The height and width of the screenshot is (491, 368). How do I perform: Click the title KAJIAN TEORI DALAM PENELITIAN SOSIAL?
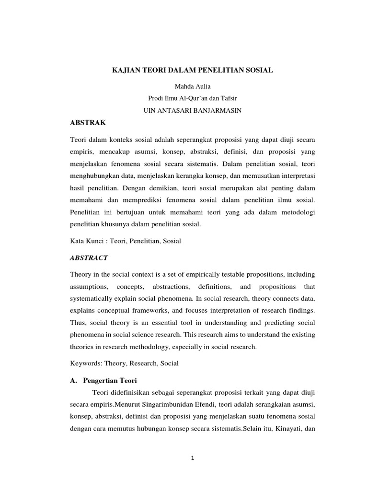point(192,70)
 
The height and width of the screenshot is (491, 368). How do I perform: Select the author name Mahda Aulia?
point(192,86)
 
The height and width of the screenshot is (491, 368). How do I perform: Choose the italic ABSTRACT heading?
point(89,257)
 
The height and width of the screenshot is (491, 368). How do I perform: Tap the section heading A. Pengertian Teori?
point(103,381)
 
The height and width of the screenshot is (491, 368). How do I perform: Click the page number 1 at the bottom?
point(192,458)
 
